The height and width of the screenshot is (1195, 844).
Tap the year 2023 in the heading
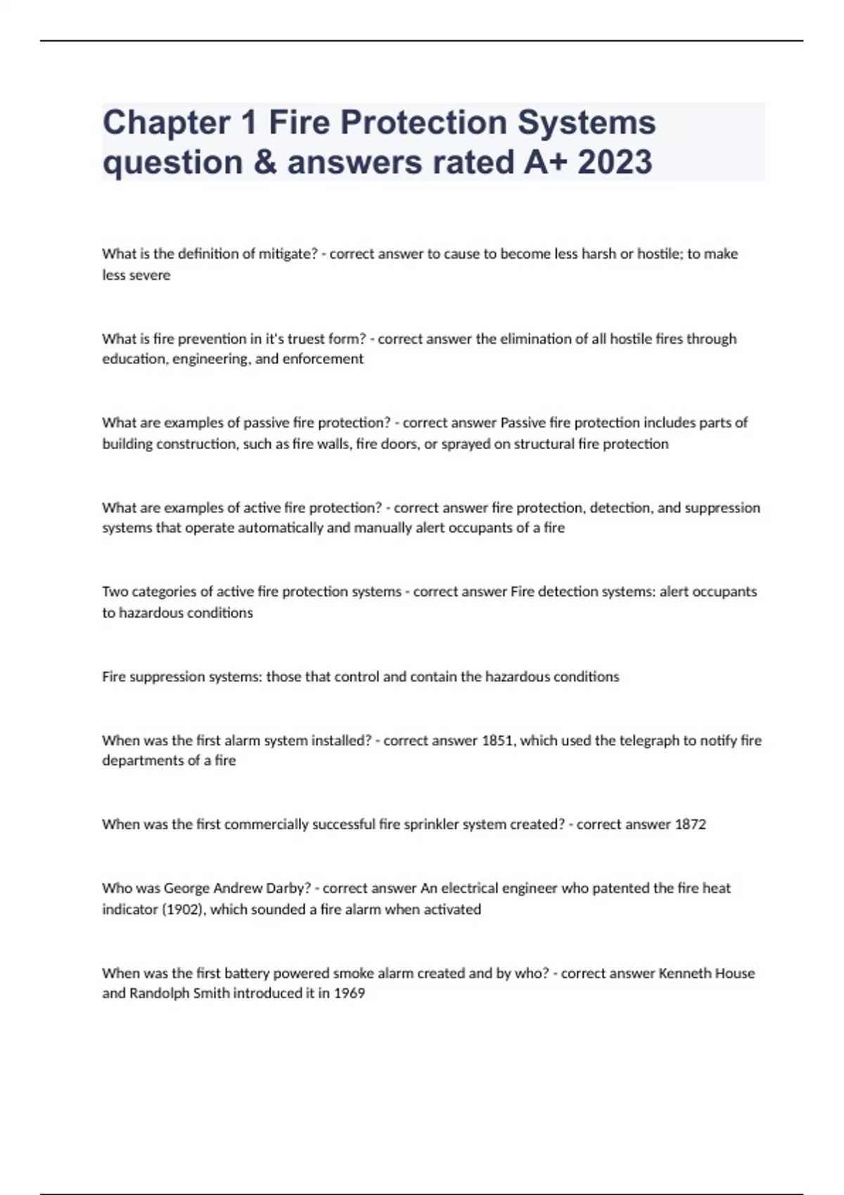[615, 162]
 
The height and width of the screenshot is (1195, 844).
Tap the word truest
[312, 339]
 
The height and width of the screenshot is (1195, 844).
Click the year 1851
[497, 740]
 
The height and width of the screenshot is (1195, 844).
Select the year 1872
[690, 825]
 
